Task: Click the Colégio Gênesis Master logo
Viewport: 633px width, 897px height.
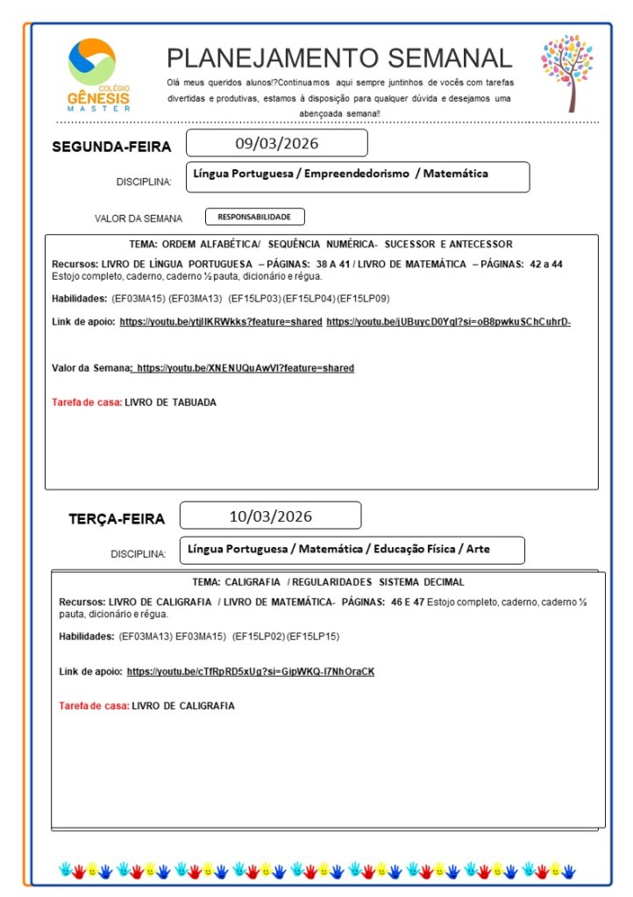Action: [x=98, y=74]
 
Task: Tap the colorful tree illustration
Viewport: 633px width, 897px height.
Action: [x=567, y=72]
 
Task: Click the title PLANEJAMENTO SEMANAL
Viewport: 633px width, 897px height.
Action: [x=339, y=58]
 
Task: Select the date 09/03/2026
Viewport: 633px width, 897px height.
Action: [x=276, y=143]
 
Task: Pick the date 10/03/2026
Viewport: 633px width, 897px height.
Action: [x=270, y=516]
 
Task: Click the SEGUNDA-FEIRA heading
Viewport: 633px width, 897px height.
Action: [x=111, y=146]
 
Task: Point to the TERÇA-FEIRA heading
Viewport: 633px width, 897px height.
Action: [x=117, y=519]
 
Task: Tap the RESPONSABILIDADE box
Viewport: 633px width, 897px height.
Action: [x=254, y=217]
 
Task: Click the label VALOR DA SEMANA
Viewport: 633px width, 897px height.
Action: [x=139, y=218]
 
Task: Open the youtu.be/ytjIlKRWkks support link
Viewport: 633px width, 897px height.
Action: [x=221, y=322]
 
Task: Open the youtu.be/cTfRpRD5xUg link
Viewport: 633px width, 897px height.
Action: [x=250, y=672]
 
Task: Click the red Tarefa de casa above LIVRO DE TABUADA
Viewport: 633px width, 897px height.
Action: [x=87, y=402]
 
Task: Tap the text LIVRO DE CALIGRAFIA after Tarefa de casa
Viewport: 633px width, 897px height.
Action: [x=183, y=706]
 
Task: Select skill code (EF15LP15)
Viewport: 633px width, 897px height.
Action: [x=313, y=636]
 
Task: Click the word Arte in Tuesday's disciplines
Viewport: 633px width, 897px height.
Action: [x=478, y=549]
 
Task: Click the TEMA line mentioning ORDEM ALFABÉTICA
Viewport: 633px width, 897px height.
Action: [x=321, y=244]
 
